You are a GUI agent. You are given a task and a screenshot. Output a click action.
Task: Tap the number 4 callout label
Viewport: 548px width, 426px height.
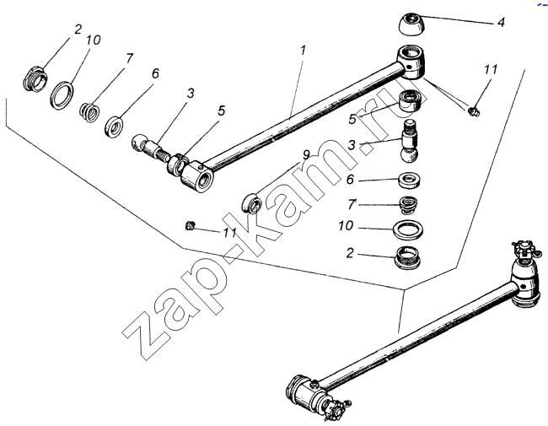pyautogui.click(x=500, y=23)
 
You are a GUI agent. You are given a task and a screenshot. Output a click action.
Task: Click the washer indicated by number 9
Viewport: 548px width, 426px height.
pyautogui.click(x=253, y=202)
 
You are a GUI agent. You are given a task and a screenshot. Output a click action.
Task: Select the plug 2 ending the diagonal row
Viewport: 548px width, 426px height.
pyautogui.click(x=35, y=78)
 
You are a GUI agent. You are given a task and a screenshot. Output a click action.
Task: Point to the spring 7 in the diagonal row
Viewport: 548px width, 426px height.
pyautogui.click(x=90, y=110)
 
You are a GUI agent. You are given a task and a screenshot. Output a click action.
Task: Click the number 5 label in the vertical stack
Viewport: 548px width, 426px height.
pyautogui.click(x=353, y=120)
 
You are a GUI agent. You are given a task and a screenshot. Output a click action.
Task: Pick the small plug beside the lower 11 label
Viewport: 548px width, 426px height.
pyautogui.click(x=191, y=224)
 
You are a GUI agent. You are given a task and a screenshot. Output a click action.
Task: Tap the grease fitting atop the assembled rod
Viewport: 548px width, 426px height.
pyautogui.click(x=519, y=249)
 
